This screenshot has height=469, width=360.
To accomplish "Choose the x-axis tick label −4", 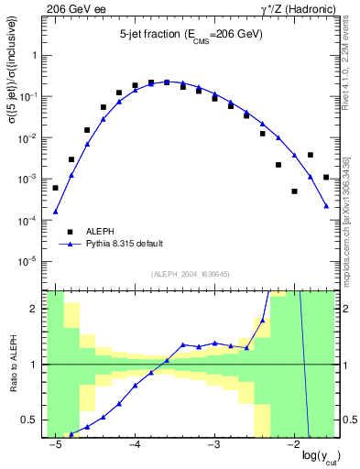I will point(134,444).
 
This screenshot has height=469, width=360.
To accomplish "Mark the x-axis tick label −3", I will point(213,444).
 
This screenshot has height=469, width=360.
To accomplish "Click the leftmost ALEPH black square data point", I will point(55,188).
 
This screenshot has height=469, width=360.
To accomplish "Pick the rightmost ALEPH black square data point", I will point(326,177).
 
